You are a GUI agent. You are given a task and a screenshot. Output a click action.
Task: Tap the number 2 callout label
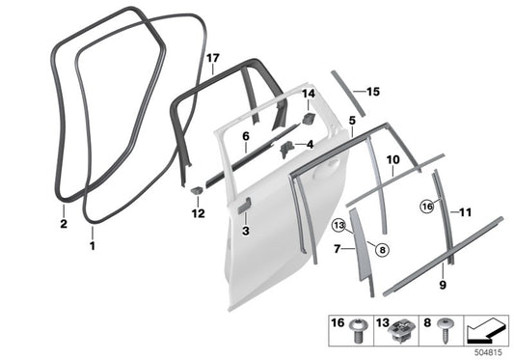click(62, 223)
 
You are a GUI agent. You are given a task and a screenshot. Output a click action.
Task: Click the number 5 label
click(352, 121)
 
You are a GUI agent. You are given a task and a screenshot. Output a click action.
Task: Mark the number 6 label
click(247, 138)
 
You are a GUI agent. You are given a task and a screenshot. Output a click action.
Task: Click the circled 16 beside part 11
click(427, 206)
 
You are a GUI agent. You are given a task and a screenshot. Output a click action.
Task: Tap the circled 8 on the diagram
click(382, 249)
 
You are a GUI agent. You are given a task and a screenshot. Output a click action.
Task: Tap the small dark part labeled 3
click(246, 204)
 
